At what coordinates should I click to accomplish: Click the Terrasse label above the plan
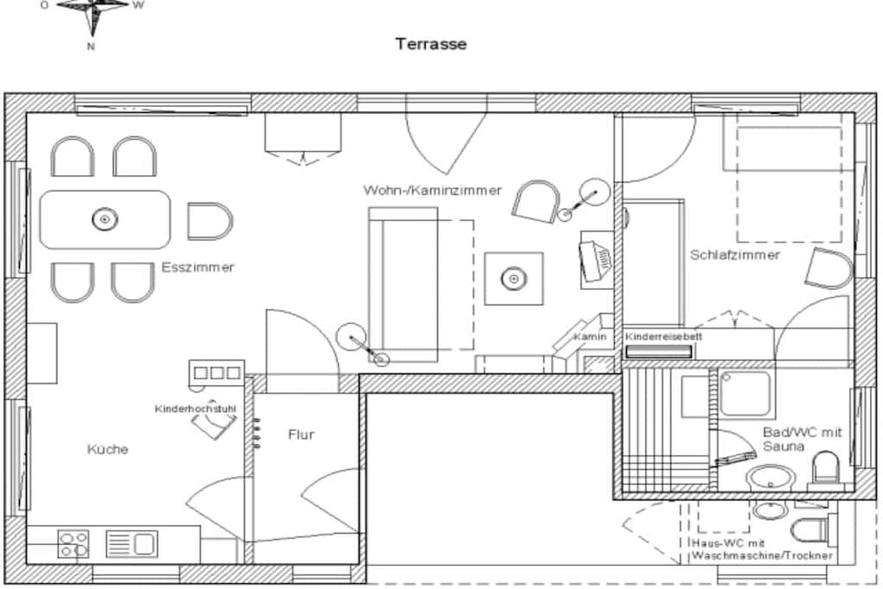pyautogui.click(x=431, y=44)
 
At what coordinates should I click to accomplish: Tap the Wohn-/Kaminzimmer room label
pyautogui.click(x=432, y=191)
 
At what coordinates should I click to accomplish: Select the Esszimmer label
pyautogui.click(x=197, y=267)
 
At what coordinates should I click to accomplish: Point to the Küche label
pyautogui.click(x=108, y=448)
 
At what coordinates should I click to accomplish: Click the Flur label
pyautogui.click(x=301, y=434)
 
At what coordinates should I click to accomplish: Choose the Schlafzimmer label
pyautogui.click(x=735, y=254)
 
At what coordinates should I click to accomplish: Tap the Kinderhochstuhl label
pyautogui.click(x=196, y=408)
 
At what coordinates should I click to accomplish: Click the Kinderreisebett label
pyautogui.click(x=663, y=336)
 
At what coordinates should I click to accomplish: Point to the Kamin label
pyautogui.click(x=590, y=336)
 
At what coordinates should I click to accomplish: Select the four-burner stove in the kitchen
pyautogui.click(x=73, y=543)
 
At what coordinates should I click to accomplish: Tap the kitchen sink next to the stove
pyautogui.click(x=132, y=544)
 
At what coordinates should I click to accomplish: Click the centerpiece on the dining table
pyautogui.click(x=104, y=219)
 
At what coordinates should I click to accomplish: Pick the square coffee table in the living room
pyautogui.click(x=514, y=279)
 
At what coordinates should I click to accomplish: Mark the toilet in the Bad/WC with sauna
pyautogui.click(x=824, y=467)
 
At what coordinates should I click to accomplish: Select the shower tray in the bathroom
pyautogui.click(x=746, y=394)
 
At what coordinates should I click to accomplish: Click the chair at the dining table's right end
pyautogui.click(x=210, y=221)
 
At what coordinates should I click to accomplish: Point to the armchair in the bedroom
pyautogui.click(x=829, y=268)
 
